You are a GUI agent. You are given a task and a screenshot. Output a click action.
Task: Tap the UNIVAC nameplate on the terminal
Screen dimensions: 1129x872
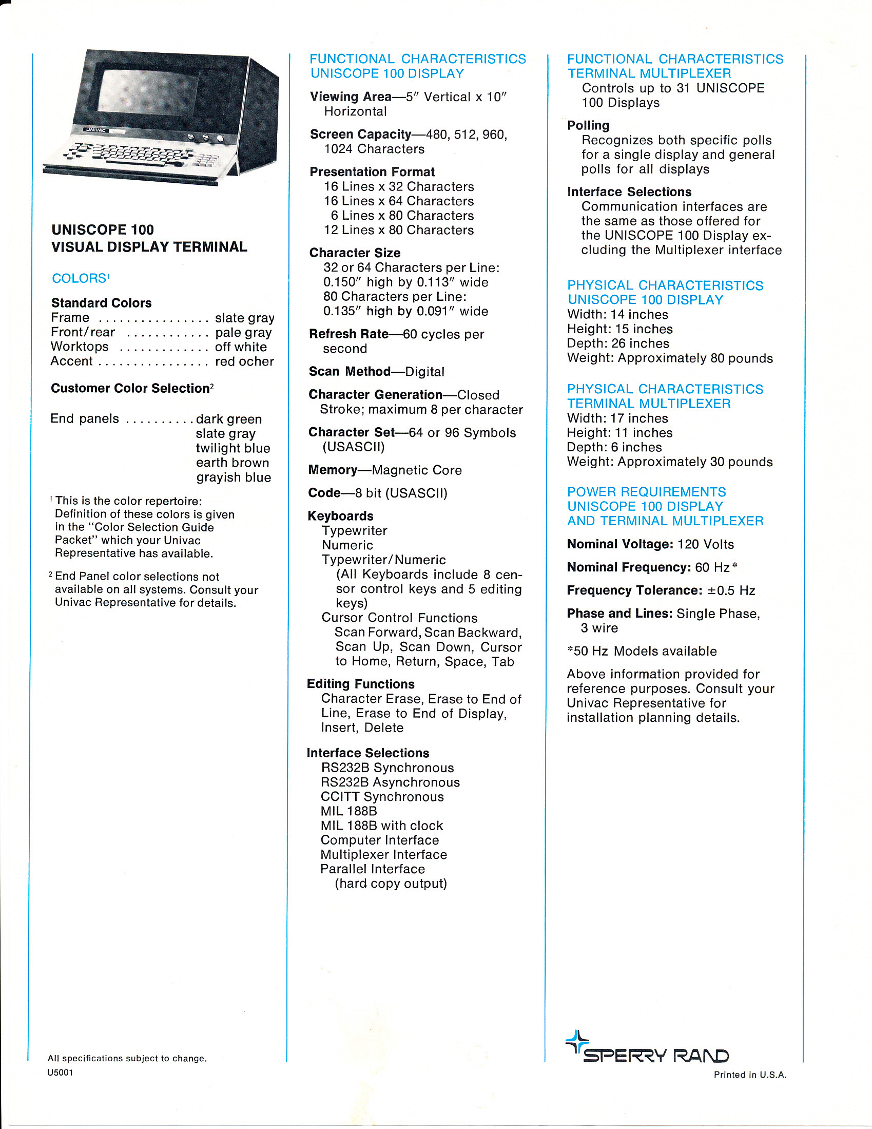pyautogui.click(x=96, y=130)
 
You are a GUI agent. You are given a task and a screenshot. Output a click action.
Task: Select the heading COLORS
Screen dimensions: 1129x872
pyautogui.click(x=79, y=279)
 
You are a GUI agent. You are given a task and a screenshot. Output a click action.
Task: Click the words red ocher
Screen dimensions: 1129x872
pyautogui.click(x=244, y=361)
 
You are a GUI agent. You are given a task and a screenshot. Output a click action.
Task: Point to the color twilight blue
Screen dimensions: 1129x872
pyautogui.click(x=232, y=448)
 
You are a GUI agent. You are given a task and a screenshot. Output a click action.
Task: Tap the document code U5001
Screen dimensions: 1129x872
pyautogui.click(x=60, y=1073)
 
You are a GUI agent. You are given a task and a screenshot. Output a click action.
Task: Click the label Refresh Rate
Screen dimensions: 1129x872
pyautogui.click(x=348, y=334)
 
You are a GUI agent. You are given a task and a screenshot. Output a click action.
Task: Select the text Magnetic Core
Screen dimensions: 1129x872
pyautogui.click(x=417, y=470)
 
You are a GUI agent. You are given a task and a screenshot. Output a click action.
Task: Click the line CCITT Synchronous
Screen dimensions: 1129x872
pyautogui.click(x=382, y=797)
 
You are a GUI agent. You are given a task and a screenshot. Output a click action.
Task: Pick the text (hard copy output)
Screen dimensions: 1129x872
pyautogui.click(x=391, y=884)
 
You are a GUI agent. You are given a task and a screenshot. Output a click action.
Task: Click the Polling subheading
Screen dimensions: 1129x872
pyautogui.click(x=588, y=126)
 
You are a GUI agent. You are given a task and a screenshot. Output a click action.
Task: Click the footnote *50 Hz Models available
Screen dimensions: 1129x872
pyautogui.click(x=642, y=651)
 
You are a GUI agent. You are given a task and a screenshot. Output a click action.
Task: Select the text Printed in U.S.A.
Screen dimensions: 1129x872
pyautogui.click(x=749, y=1075)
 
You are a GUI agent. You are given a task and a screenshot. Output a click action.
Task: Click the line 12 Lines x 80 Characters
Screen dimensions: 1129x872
pyautogui.click(x=398, y=230)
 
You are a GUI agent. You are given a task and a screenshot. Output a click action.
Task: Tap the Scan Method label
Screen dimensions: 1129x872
pyautogui.click(x=350, y=372)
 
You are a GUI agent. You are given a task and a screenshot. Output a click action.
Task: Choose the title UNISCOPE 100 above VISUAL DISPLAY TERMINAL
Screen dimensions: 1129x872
pyautogui.click(x=102, y=230)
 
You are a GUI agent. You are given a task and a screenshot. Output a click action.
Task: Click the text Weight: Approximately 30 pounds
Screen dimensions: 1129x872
pyautogui.click(x=669, y=462)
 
